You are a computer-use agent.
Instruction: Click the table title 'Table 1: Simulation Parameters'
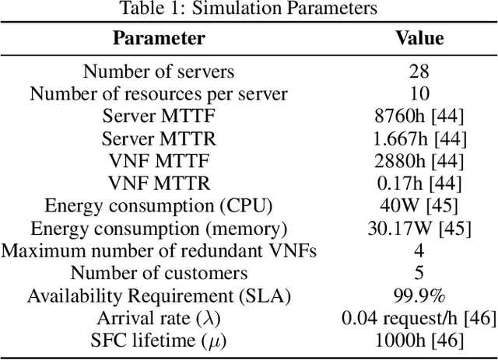coord(249,9)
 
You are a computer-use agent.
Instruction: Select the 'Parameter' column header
coord(159,38)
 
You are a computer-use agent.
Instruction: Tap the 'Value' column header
coord(419,38)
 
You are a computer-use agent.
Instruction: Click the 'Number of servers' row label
coord(159,72)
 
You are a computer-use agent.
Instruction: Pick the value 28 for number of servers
coord(419,72)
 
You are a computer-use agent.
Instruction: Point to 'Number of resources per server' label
coord(159,95)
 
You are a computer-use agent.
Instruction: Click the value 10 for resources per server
coord(419,95)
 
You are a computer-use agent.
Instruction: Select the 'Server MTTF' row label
coord(159,117)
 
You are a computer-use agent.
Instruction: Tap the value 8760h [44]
coord(419,117)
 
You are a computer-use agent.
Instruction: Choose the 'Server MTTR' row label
coord(159,139)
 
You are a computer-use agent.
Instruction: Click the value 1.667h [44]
coord(419,139)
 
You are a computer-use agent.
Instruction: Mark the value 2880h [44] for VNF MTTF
coord(419,162)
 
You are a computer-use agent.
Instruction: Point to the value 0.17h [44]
coord(419,184)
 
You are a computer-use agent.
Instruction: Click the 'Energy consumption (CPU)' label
coord(159,207)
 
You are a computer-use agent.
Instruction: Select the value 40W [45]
coord(419,207)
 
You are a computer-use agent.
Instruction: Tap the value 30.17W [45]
coord(419,229)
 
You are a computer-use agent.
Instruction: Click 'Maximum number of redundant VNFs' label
coord(159,251)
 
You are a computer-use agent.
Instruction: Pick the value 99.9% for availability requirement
coord(419,296)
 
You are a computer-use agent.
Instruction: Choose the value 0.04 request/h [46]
coord(419,319)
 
